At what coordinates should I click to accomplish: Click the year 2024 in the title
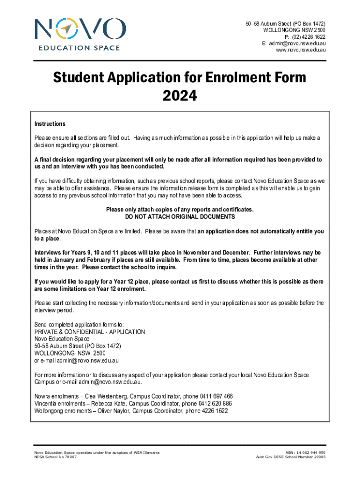pyautogui.click(x=180, y=96)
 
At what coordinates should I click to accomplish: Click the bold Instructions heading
pyautogui.click(x=50, y=124)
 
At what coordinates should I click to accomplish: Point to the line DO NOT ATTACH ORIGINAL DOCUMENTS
pyautogui.click(x=180, y=217)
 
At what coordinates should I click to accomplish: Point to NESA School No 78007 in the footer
pyautogui.click(x=56, y=457)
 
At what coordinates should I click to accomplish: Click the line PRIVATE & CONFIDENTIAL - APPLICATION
pyautogui.click(x=90, y=332)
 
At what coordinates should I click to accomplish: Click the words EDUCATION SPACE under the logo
pyautogui.click(x=79, y=48)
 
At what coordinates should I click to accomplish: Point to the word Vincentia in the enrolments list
pyautogui.click(x=47, y=403)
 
